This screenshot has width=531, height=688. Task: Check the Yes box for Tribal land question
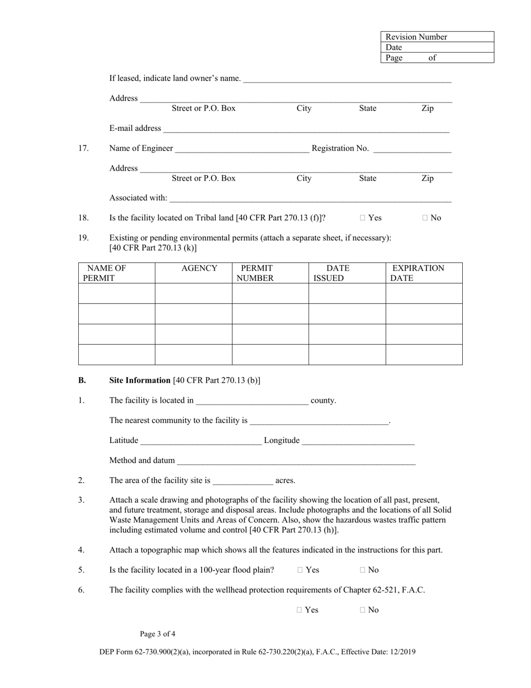(x=363, y=218)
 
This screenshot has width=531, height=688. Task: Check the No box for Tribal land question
(x=425, y=218)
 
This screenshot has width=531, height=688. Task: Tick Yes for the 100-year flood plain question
(x=300, y=570)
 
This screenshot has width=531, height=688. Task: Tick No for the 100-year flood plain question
(x=363, y=570)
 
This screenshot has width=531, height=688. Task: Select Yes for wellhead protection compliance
(x=300, y=610)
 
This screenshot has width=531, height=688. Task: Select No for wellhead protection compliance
(x=363, y=610)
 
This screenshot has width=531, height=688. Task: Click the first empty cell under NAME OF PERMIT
(x=116, y=293)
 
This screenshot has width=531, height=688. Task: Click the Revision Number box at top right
(x=437, y=37)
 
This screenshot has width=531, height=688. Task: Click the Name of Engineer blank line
(x=241, y=149)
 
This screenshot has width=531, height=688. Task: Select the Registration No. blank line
(x=411, y=149)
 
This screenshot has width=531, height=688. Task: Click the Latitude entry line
(x=201, y=441)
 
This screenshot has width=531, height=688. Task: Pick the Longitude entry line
(x=358, y=441)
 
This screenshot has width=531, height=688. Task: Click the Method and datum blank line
(x=296, y=461)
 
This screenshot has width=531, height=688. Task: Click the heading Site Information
(x=140, y=380)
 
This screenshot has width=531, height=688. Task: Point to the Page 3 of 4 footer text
(x=158, y=634)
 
